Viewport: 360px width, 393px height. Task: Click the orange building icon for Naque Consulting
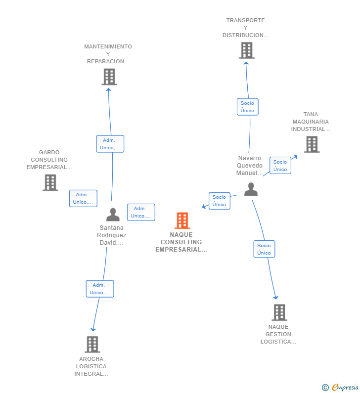tap(182, 220)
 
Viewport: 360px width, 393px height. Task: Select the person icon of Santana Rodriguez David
tap(113, 215)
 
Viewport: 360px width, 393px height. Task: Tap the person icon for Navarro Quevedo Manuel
tap(251, 189)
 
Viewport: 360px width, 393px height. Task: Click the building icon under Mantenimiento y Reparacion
tap(109, 77)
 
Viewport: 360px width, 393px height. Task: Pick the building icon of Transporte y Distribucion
tap(246, 50)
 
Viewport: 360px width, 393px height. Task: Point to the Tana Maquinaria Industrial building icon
tap(311, 144)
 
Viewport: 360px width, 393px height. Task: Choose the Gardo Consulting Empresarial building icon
tap(50, 182)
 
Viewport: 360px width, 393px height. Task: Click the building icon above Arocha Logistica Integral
tap(92, 344)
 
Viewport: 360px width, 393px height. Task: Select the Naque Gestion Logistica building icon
tap(279, 312)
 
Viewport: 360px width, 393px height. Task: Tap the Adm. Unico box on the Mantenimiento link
tap(110, 144)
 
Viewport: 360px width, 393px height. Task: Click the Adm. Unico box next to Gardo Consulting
tap(83, 198)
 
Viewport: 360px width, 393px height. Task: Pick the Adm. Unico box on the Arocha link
tap(100, 289)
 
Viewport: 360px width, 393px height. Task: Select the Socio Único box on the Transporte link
tap(247, 107)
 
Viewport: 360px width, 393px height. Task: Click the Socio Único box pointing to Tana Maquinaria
tap(280, 166)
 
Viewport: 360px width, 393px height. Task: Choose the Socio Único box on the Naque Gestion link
tap(264, 249)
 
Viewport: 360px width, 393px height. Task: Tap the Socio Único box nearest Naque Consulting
tap(219, 201)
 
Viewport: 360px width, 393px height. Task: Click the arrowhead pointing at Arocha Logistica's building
tap(93, 329)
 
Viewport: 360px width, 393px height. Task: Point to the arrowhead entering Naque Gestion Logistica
tap(275, 298)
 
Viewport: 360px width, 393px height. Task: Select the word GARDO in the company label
tap(49, 152)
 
